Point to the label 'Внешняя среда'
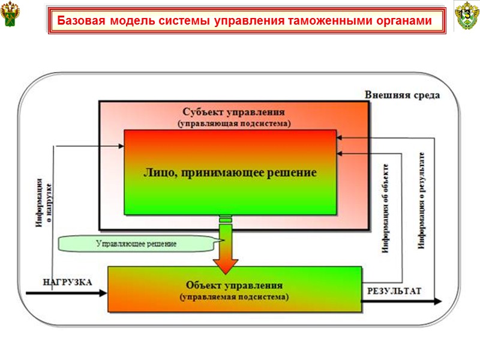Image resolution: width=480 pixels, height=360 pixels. (x=402, y=95)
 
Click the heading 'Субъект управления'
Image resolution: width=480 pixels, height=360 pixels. (x=233, y=112)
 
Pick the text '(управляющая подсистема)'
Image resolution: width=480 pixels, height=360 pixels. (x=233, y=123)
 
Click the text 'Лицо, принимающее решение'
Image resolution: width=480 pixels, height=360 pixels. (x=230, y=172)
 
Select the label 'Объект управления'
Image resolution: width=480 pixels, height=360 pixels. (x=234, y=285)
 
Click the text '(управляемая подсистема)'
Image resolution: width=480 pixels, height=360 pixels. (x=234, y=296)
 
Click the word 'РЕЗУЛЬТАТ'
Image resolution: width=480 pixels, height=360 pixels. (x=394, y=291)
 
